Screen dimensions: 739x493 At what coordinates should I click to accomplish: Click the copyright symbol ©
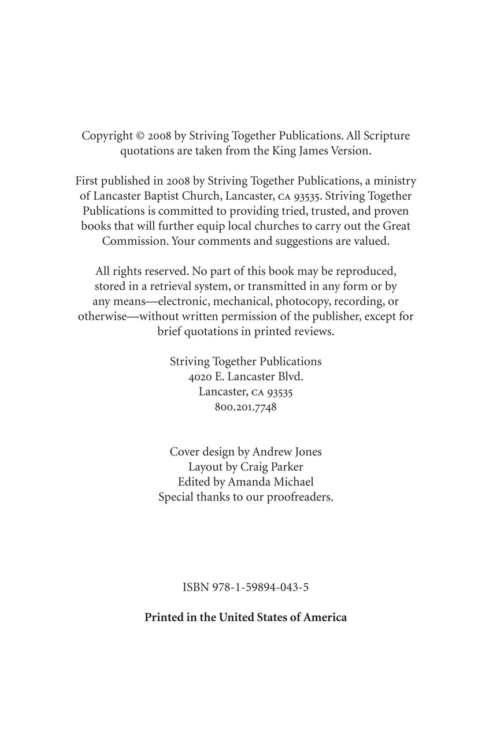pos(140,136)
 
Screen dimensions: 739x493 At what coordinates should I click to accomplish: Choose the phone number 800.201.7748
pos(246,406)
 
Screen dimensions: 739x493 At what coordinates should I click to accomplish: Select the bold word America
pos(325,617)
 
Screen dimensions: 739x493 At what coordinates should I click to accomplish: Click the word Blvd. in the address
pos(288,376)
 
